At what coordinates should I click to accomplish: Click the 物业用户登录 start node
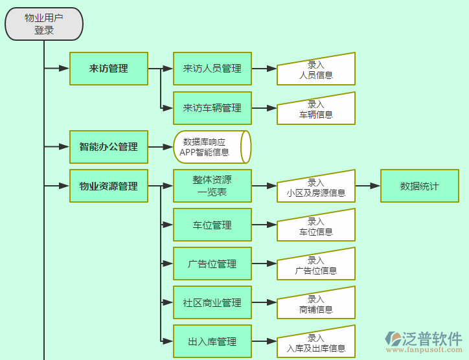44,24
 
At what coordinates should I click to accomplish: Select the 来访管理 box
109,69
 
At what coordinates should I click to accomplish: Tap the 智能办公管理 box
109,147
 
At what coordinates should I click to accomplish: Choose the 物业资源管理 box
109,186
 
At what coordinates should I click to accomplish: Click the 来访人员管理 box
212,69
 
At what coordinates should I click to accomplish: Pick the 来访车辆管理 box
212,108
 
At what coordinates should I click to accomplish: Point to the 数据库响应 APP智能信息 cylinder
210,147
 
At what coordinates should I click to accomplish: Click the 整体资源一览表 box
212,186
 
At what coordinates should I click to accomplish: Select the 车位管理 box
212,225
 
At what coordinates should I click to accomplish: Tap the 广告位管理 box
212,264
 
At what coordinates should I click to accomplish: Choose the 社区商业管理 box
212,303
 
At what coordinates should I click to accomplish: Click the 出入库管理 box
212,342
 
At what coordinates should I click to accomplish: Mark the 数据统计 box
419,186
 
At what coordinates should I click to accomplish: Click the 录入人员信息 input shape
316,70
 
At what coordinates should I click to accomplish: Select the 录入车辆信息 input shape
316,109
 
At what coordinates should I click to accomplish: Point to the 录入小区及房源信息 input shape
316,188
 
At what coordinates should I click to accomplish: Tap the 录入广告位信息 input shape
316,265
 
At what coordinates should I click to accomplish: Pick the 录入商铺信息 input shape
316,304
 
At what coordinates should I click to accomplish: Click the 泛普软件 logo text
432,339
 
